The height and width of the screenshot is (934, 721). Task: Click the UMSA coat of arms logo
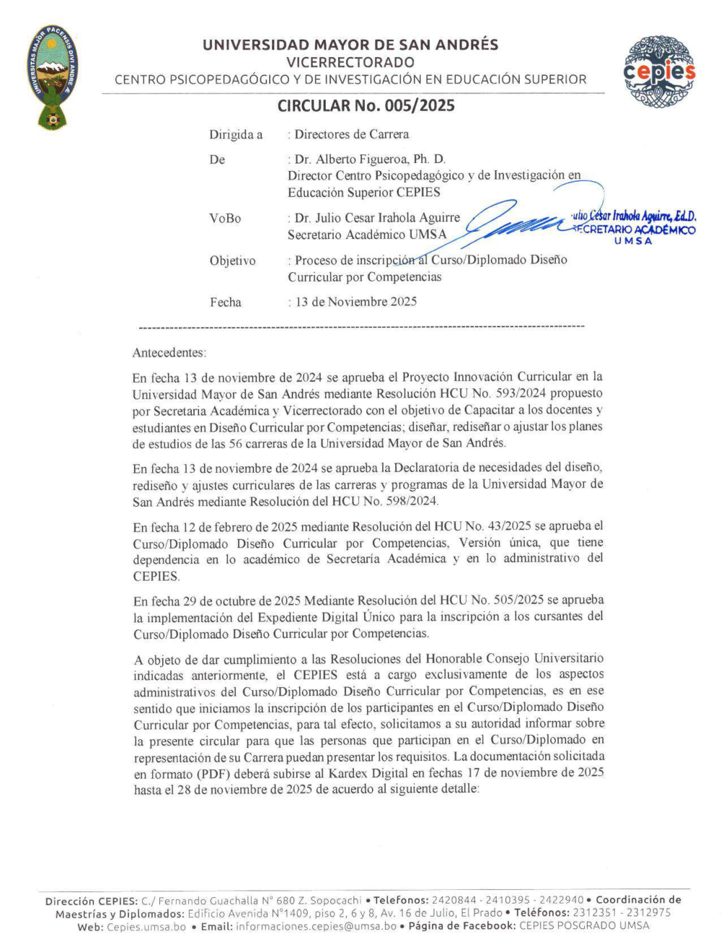(x=54, y=77)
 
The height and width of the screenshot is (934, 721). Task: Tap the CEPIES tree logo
(x=659, y=72)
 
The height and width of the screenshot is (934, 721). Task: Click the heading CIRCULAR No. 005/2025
(x=366, y=106)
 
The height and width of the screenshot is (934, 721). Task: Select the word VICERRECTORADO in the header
(x=350, y=62)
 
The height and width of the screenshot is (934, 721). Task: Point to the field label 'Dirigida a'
(x=236, y=135)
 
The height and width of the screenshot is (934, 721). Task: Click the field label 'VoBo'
(x=225, y=218)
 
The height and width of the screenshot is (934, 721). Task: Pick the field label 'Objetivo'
(x=232, y=261)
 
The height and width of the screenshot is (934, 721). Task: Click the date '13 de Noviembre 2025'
(x=355, y=302)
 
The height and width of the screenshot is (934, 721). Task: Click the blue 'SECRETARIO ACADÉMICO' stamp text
(x=635, y=230)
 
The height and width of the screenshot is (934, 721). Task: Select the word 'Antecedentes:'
(x=169, y=353)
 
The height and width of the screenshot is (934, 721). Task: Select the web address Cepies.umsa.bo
(x=146, y=926)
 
